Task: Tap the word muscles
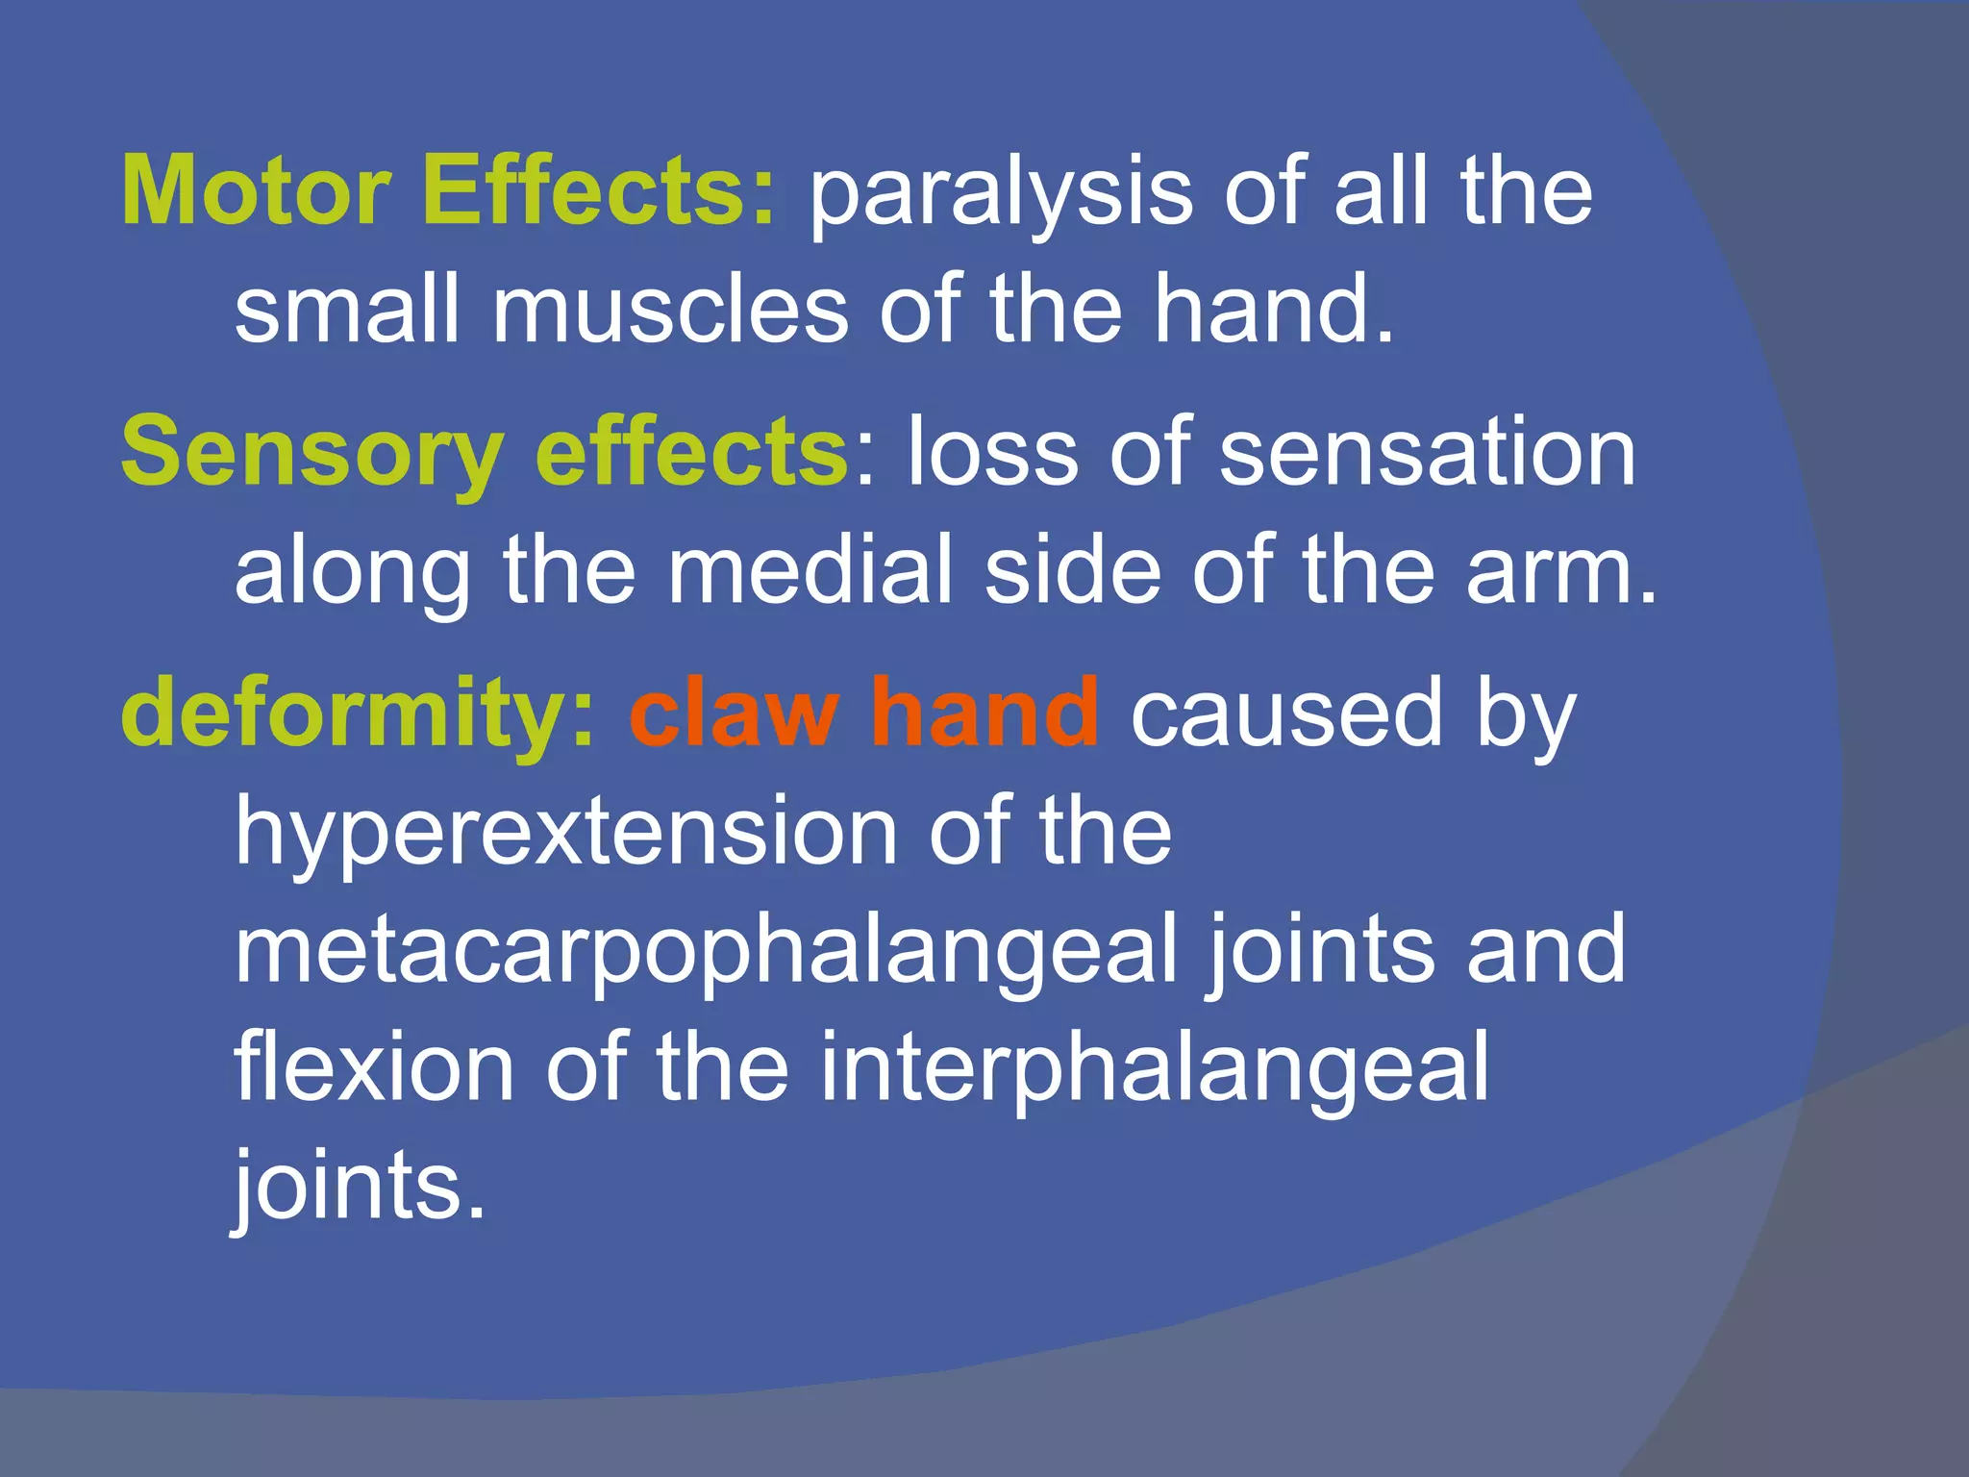click(x=670, y=310)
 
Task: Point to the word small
click(x=347, y=310)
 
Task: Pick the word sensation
click(x=1427, y=452)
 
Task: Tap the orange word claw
click(x=734, y=713)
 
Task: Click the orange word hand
click(x=984, y=713)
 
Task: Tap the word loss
click(x=991, y=452)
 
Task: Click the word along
click(x=352, y=571)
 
